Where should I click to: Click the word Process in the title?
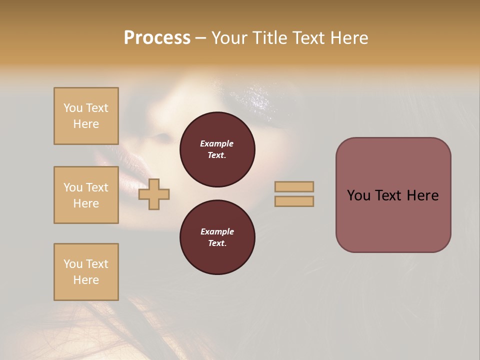point(157,38)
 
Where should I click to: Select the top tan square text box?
point(86,116)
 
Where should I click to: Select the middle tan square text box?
point(86,195)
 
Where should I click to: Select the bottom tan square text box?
point(86,272)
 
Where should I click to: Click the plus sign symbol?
point(154,194)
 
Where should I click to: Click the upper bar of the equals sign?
point(294,187)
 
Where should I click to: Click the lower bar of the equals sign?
point(294,201)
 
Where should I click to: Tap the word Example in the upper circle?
point(217,143)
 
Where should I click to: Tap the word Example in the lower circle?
point(217,231)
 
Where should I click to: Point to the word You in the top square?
point(73,108)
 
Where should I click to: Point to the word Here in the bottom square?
point(86,280)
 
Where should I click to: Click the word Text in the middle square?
point(96,187)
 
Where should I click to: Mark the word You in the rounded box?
point(358,195)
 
